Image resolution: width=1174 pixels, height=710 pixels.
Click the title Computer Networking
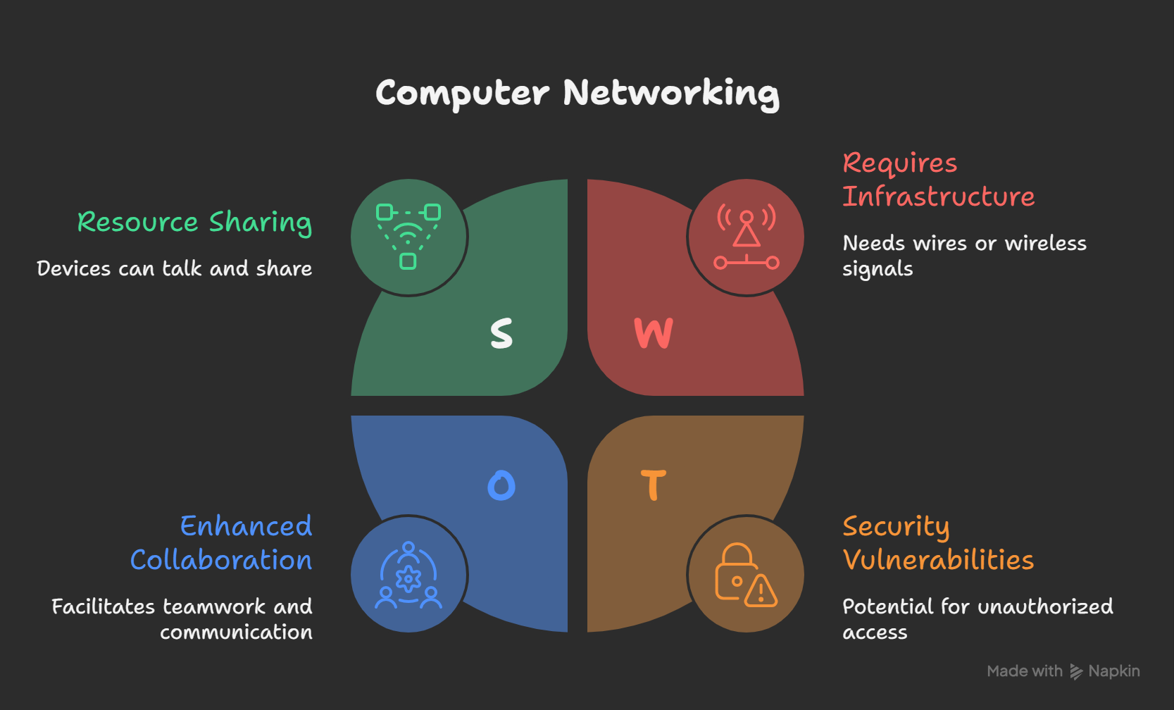point(577,93)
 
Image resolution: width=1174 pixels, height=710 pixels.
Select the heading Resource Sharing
point(194,223)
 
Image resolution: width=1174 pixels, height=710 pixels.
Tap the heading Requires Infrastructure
point(938,180)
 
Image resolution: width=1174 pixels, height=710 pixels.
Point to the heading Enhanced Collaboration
point(221,543)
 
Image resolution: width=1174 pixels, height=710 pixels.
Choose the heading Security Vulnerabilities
point(938,543)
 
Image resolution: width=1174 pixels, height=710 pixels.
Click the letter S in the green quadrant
point(501,333)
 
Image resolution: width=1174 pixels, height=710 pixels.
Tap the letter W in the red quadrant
point(654,333)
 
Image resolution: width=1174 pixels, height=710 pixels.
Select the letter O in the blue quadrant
point(501,485)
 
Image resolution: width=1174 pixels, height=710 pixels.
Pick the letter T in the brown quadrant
point(654,485)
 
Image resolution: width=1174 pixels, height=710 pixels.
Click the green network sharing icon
point(408,237)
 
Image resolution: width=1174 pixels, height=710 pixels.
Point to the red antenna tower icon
point(747,237)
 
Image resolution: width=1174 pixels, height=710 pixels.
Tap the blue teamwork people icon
point(408,575)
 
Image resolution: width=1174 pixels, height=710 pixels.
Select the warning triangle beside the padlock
point(761,592)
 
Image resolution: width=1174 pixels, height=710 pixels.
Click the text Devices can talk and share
point(175,269)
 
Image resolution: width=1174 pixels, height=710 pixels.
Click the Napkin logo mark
point(1076,672)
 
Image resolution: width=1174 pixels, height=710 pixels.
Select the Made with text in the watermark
point(1025,671)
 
